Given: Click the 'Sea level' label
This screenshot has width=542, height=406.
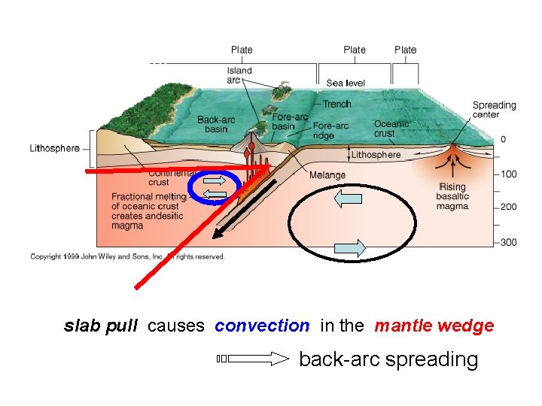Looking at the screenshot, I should [x=346, y=83].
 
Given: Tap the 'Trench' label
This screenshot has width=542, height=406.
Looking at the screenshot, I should [x=337, y=104].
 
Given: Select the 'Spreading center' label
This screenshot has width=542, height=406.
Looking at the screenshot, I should [x=494, y=110].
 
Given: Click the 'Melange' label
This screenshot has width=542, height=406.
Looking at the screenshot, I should [x=327, y=175].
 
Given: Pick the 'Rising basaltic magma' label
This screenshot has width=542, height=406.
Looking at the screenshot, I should [x=453, y=196].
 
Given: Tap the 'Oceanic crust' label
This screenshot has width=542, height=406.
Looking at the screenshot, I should [x=391, y=129].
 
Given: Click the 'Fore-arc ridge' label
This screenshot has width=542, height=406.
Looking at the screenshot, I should [x=331, y=131].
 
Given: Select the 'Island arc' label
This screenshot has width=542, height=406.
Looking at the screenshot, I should [x=239, y=75].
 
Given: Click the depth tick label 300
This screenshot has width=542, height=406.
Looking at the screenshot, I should [x=509, y=242].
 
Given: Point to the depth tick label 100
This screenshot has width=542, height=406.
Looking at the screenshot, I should [x=509, y=174].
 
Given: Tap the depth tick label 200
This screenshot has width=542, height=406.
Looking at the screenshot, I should [x=509, y=207].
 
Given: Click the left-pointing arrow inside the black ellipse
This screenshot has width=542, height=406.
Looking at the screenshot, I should [x=349, y=199].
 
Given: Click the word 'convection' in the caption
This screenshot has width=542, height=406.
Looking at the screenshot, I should [x=261, y=326].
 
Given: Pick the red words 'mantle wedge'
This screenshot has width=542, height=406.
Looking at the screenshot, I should [x=434, y=326].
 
